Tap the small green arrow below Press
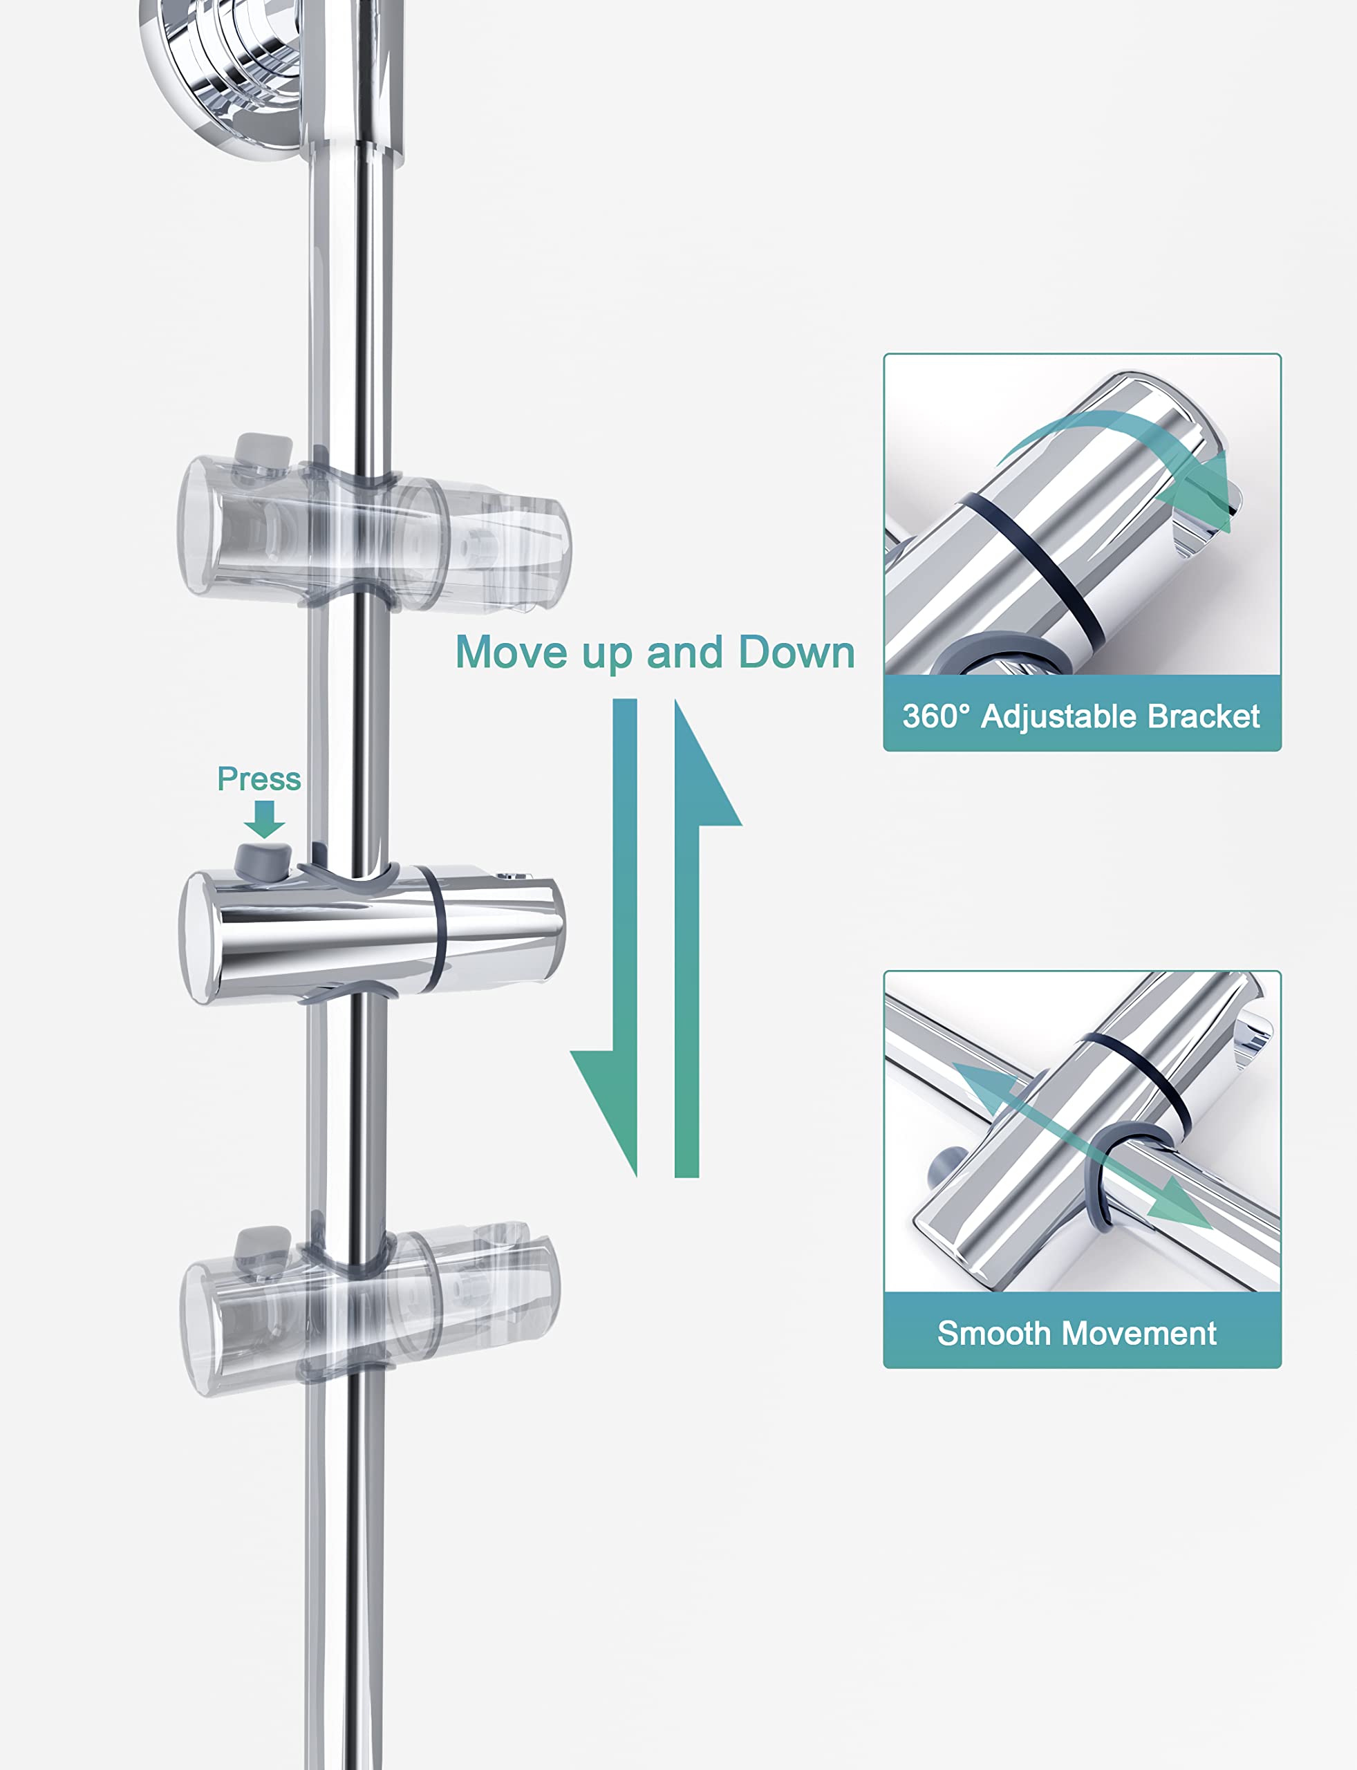coord(264,819)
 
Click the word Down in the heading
coord(796,652)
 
